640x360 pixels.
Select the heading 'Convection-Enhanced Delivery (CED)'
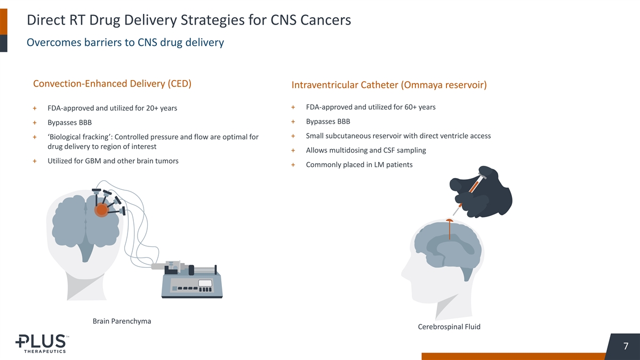(112, 84)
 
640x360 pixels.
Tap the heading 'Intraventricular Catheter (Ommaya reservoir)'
(389, 85)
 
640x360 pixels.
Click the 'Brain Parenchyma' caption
(122, 321)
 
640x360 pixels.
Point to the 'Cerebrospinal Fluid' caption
(449, 327)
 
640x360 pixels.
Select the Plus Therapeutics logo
(41, 343)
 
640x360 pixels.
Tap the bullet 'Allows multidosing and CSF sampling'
(366, 150)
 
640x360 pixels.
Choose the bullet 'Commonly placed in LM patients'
(359, 165)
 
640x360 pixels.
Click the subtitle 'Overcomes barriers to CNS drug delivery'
(125, 42)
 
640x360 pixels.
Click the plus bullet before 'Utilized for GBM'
(35, 161)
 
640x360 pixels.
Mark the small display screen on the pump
(205, 283)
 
